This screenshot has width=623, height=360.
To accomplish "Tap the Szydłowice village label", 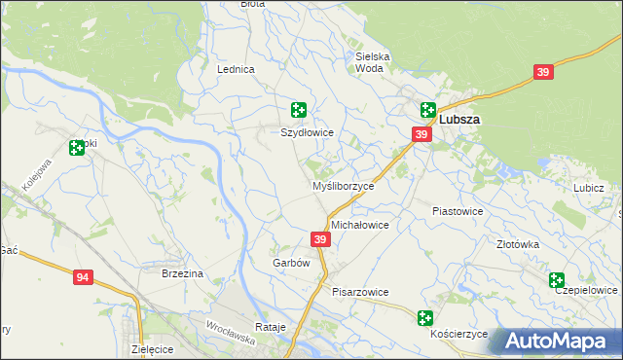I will point(308,132).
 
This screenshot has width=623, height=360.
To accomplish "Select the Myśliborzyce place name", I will point(343,186).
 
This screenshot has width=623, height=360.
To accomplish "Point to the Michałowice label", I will point(360,225).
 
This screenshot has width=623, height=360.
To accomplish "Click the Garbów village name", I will point(290,263).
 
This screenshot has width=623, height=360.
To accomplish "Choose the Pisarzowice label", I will point(360,292).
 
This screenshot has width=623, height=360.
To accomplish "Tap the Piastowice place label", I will point(458,210).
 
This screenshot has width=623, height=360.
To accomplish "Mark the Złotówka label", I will point(518,245).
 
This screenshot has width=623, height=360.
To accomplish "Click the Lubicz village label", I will point(589,188).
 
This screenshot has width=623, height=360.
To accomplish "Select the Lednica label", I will point(236,70).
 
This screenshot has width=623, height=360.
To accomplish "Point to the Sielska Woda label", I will point(373,62).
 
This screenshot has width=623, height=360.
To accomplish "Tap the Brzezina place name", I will point(182,274).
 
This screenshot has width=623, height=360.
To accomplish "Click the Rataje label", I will point(270,327).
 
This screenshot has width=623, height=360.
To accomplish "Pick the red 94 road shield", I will point(83,278).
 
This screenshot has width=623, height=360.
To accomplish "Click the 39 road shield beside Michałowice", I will point(320,238).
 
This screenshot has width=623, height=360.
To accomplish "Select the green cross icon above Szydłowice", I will point(299,111).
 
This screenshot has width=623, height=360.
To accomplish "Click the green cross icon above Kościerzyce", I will point(424,317).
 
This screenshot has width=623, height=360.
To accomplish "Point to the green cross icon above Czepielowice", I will point(557,280).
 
